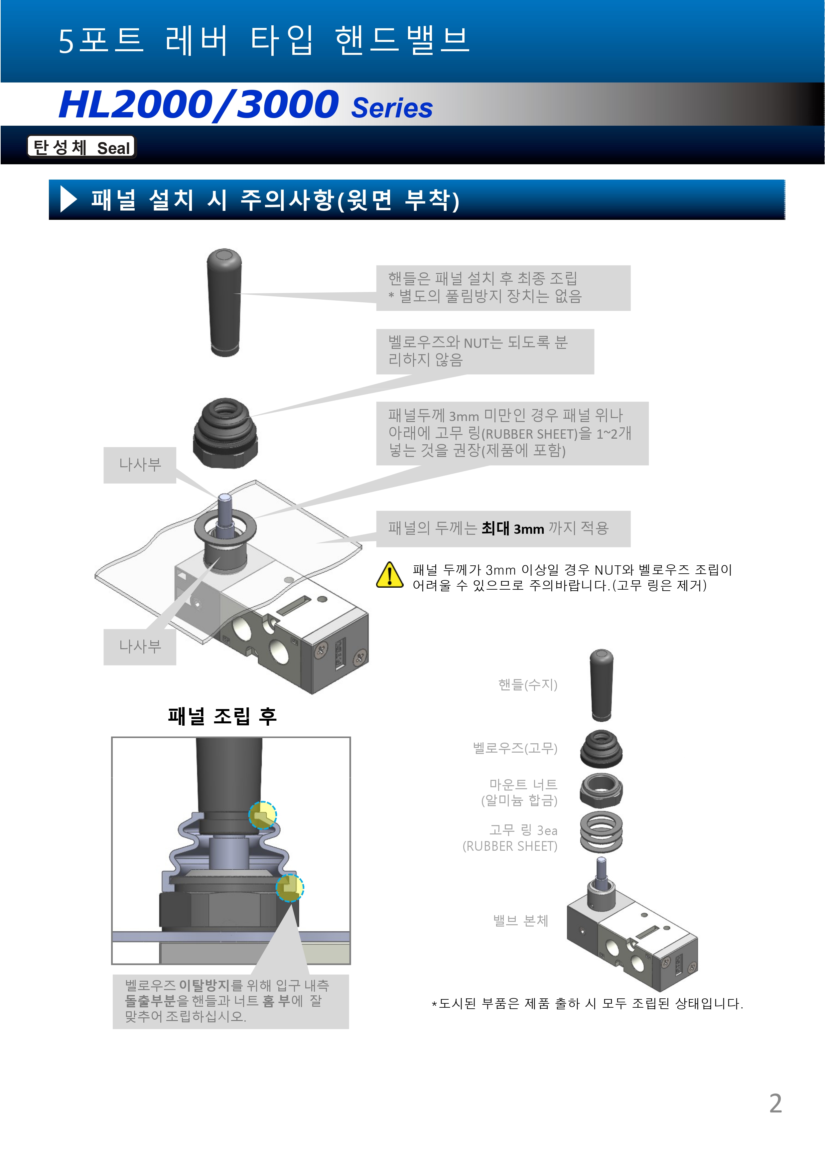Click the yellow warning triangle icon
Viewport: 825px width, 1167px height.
pyautogui.click(x=389, y=575)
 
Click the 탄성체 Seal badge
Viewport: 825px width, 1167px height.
pyautogui.click(x=81, y=147)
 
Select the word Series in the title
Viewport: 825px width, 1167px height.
pyautogui.click(x=392, y=108)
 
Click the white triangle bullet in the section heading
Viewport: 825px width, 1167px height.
pyautogui.click(x=69, y=199)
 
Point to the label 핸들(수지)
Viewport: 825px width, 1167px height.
pyautogui.click(x=528, y=685)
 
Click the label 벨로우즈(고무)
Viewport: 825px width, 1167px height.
pyautogui.click(x=515, y=748)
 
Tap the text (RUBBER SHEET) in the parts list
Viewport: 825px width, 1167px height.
pyautogui.click(x=510, y=846)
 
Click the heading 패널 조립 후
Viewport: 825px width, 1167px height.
pyautogui.click(x=222, y=716)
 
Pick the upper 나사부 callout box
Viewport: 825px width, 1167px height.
pyautogui.click(x=140, y=465)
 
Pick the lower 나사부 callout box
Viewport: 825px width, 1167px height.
pyautogui.click(x=140, y=647)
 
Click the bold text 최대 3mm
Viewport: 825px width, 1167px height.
pyautogui.click(x=512, y=528)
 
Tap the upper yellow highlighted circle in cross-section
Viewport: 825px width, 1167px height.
pyautogui.click(x=262, y=815)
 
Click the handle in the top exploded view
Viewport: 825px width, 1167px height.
pyautogui.click(x=224, y=302)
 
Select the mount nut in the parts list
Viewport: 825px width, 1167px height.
pyautogui.click(x=601, y=791)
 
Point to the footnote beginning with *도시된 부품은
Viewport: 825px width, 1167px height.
pyautogui.click(x=587, y=1004)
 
